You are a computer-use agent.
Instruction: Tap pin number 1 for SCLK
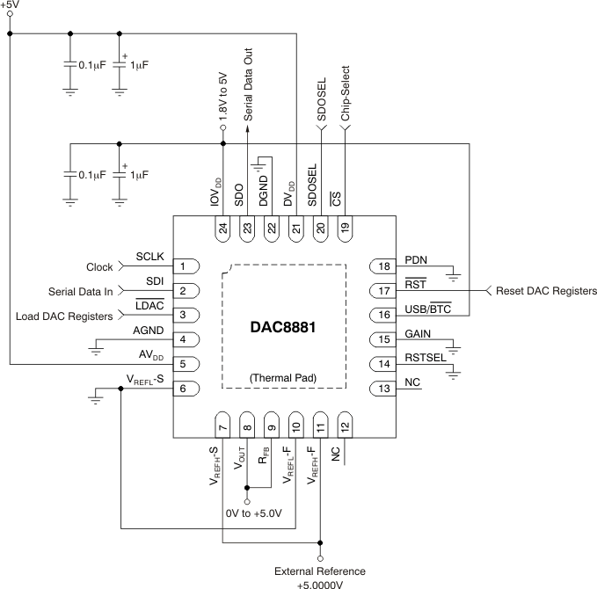[x=183, y=266]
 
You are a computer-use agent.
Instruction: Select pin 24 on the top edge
[x=223, y=229]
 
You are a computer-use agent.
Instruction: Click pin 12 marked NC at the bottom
[x=345, y=424]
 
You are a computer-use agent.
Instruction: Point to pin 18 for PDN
[x=383, y=266]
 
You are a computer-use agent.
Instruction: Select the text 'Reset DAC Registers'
[x=546, y=291]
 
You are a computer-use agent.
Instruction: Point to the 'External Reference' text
[x=320, y=571]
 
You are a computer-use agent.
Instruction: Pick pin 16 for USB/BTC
[x=383, y=315]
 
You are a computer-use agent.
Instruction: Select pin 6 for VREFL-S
[x=183, y=388]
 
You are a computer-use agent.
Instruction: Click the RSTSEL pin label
[x=425, y=358]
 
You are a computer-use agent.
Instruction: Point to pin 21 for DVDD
[x=296, y=229]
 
